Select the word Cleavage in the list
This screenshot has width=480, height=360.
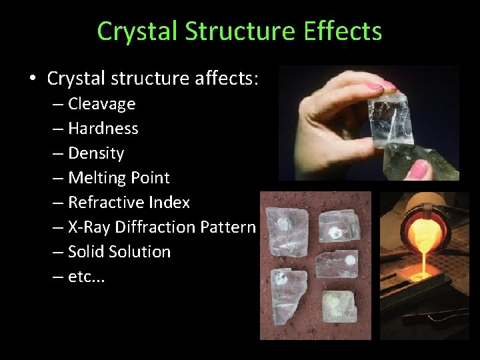pyautogui.click(x=101, y=104)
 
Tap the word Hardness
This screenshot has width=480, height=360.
pyautogui.click(x=103, y=129)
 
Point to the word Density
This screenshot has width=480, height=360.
pyautogui.click(x=96, y=153)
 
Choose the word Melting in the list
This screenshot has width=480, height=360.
pyautogui.click(x=95, y=178)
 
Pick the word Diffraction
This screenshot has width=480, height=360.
pyautogui.click(x=155, y=227)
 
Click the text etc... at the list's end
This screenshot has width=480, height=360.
pyautogui.click(x=86, y=277)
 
